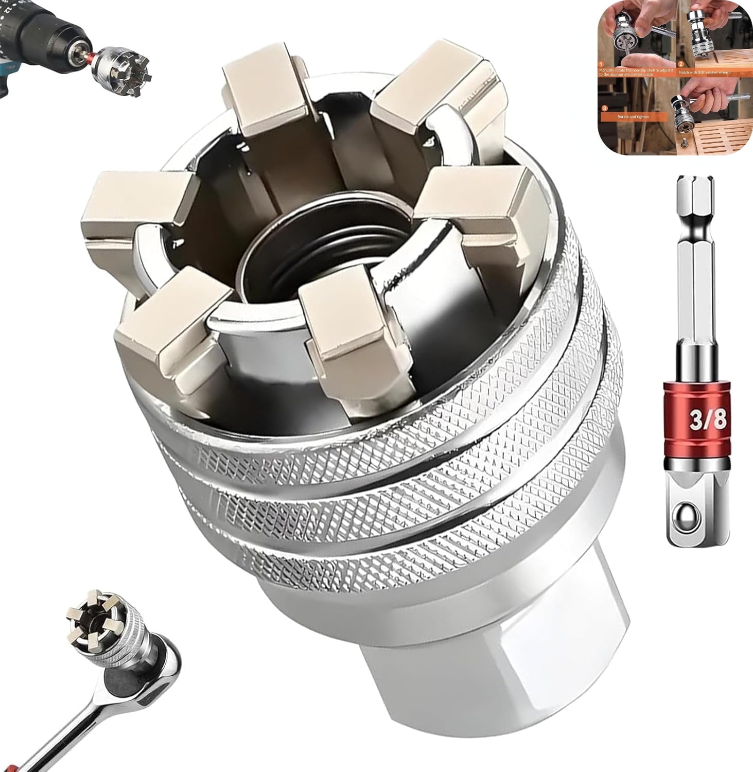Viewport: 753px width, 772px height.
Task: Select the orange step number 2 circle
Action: coord(680,65)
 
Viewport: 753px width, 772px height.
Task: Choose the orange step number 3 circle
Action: coord(604,109)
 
